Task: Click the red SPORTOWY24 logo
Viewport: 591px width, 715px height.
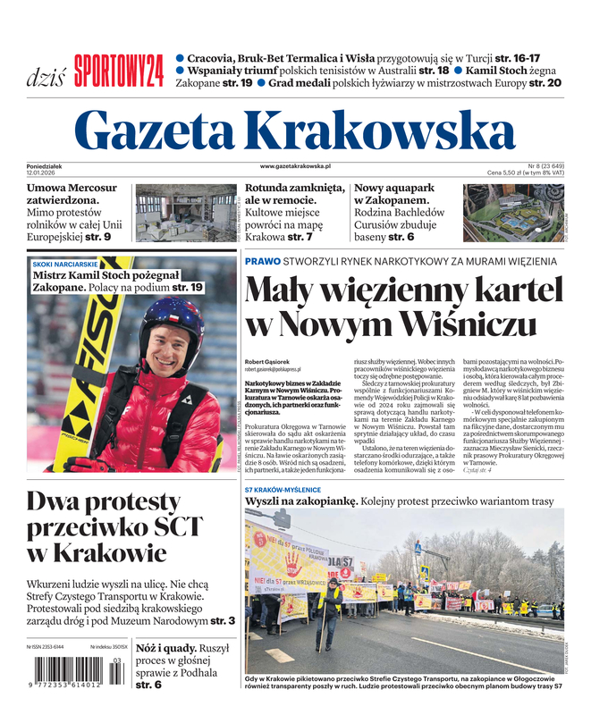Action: (119, 71)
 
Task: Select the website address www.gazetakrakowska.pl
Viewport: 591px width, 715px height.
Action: (296, 166)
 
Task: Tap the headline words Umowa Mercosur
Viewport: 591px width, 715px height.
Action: (72, 189)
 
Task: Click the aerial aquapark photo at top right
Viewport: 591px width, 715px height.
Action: (513, 213)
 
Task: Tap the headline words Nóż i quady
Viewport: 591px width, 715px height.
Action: (166, 649)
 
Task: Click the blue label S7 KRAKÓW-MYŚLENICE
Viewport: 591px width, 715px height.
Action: (283, 490)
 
